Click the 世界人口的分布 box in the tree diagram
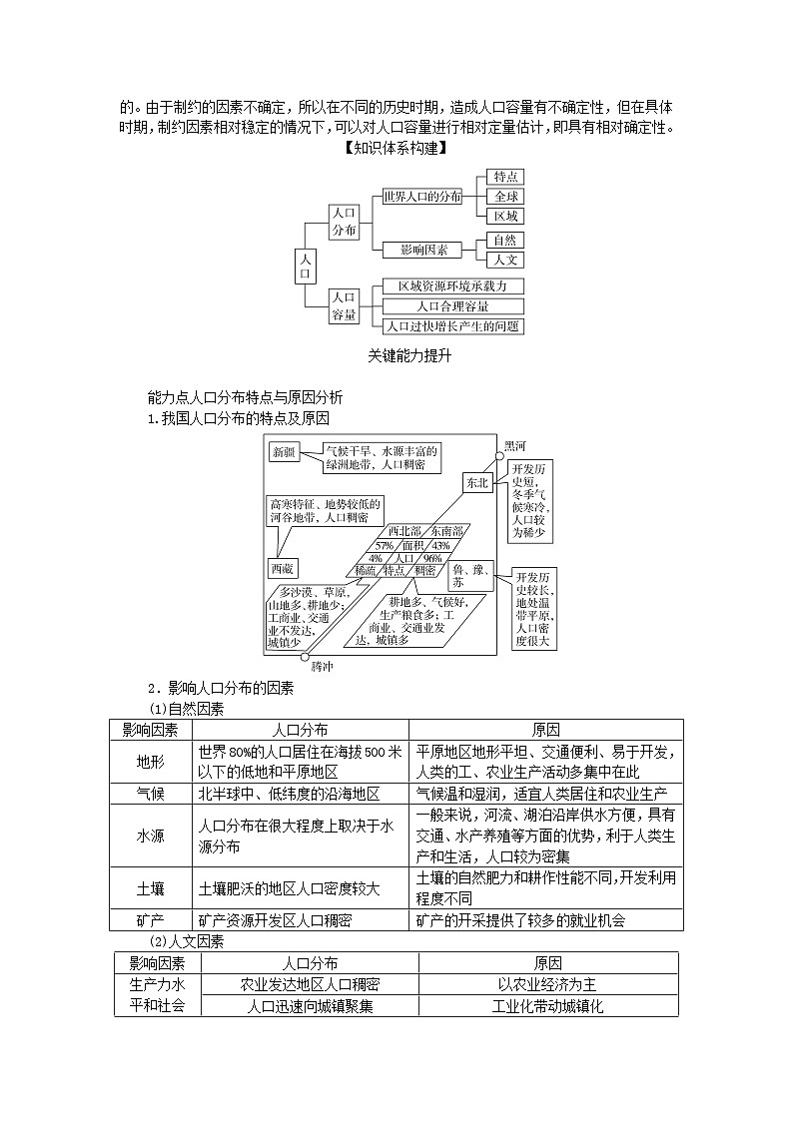(x=421, y=197)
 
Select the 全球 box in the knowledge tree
(x=505, y=197)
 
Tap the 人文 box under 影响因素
(x=505, y=261)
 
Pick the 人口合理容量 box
(x=453, y=306)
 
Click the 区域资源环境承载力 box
(x=453, y=286)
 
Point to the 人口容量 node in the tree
(x=344, y=306)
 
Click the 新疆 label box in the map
(x=283, y=452)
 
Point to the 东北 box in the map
(x=476, y=483)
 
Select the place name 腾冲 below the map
(x=323, y=666)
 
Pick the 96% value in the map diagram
(x=431, y=558)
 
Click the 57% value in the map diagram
(x=384, y=545)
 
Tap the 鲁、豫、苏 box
(x=472, y=575)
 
